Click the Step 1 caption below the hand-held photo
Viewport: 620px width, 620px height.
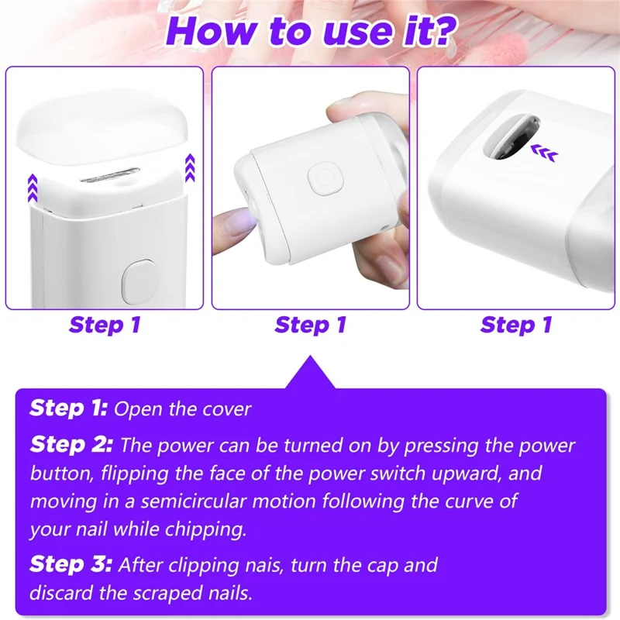pos(310,325)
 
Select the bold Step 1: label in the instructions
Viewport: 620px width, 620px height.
pos(68,408)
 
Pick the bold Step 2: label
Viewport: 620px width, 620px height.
pos(71,446)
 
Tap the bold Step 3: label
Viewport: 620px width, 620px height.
pos(71,564)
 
